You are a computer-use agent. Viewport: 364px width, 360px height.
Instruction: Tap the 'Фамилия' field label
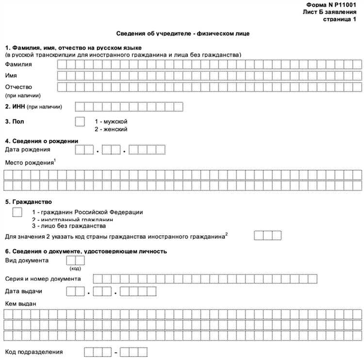[x=18, y=64]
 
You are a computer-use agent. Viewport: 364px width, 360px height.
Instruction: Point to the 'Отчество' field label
[x=18, y=87]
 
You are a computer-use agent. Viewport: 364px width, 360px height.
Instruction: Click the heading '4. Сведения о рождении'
[x=41, y=141]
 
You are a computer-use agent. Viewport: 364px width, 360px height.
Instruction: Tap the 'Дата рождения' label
[x=27, y=149]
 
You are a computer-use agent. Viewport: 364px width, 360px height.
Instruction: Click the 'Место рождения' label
[x=29, y=163]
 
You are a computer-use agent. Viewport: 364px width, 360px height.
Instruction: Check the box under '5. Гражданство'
[x=17, y=212]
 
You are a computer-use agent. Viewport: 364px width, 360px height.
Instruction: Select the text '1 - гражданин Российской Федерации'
[x=87, y=212]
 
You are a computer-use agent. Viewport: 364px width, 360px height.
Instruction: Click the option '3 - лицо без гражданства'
[x=68, y=226]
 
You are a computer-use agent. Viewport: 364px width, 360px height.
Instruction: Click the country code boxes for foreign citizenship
[x=268, y=235]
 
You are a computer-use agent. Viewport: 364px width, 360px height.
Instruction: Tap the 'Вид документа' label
[x=27, y=261]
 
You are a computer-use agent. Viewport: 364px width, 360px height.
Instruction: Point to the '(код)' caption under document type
[x=75, y=268]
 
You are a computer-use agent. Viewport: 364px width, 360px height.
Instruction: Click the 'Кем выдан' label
[x=20, y=303]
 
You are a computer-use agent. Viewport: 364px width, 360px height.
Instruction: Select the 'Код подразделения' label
[x=34, y=351]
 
